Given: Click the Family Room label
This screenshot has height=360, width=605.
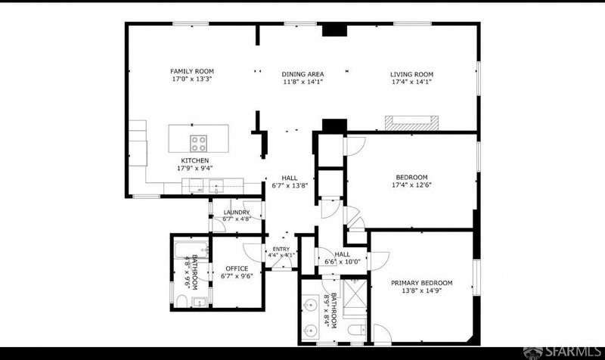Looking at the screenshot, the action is coord(192,71).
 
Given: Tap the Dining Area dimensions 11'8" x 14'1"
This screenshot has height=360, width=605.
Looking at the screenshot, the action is coord(302,82).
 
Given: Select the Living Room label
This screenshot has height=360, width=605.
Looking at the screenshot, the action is coord(411,74).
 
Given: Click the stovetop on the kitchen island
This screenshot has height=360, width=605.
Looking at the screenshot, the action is coord(198,143).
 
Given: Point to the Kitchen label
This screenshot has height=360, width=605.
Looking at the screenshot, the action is coord(195,160).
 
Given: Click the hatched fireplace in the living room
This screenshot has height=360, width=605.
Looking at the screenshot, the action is coord(411,123).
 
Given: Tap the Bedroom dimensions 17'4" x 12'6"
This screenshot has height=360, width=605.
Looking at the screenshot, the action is coord(411,185).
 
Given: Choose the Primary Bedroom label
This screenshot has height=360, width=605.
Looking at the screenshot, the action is coord(422,283).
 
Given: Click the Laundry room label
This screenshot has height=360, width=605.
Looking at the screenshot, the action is coord(237,213).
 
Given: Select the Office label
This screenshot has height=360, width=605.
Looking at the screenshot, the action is coord(237,268).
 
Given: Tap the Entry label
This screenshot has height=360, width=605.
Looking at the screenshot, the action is coord(281,250).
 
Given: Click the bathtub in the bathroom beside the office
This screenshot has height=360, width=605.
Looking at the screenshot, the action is coord(191,250).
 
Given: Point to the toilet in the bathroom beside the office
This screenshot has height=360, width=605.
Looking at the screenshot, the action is coord(181,301).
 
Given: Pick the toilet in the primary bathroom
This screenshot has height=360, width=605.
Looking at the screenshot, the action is coord(356,331).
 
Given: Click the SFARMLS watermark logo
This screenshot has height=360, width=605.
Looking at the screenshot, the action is coord(563,352).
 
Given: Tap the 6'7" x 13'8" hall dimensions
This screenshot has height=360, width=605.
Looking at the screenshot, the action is coord(290,185).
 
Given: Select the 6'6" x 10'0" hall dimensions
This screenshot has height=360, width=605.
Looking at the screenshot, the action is coord(343,262).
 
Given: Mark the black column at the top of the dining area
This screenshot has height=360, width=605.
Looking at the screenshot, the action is coord(334,30).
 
